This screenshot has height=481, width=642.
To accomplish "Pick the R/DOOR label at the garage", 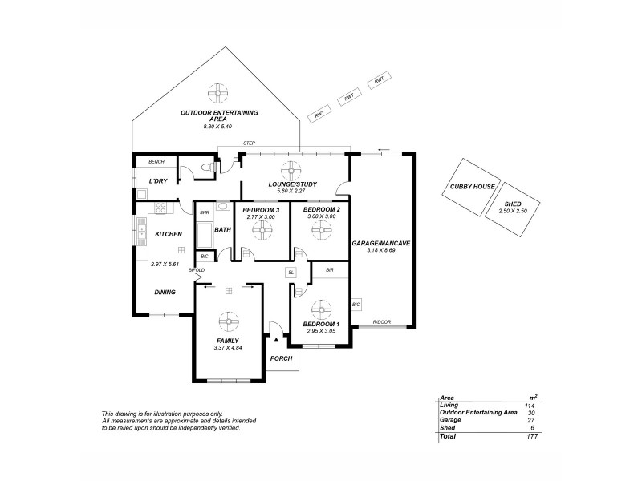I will point(381,323).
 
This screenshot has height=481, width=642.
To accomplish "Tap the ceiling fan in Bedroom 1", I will point(322,308).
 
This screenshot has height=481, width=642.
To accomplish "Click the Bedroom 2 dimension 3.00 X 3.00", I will point(322,216).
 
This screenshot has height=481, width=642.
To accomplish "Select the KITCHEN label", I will point(169,234).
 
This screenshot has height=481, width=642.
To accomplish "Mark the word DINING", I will point(165,292).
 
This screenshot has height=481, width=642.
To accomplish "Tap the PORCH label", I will point(281,358).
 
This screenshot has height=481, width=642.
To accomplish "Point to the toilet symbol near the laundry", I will point(207,168).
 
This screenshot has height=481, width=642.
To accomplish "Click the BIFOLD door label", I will point(197,270).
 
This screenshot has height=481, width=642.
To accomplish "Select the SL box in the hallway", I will point(291,273).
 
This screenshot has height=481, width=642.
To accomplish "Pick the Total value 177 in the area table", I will point(530,437).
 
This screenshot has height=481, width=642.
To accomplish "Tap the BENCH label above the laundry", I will point(156,161).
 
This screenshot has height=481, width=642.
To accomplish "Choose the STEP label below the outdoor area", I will point(249,144).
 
